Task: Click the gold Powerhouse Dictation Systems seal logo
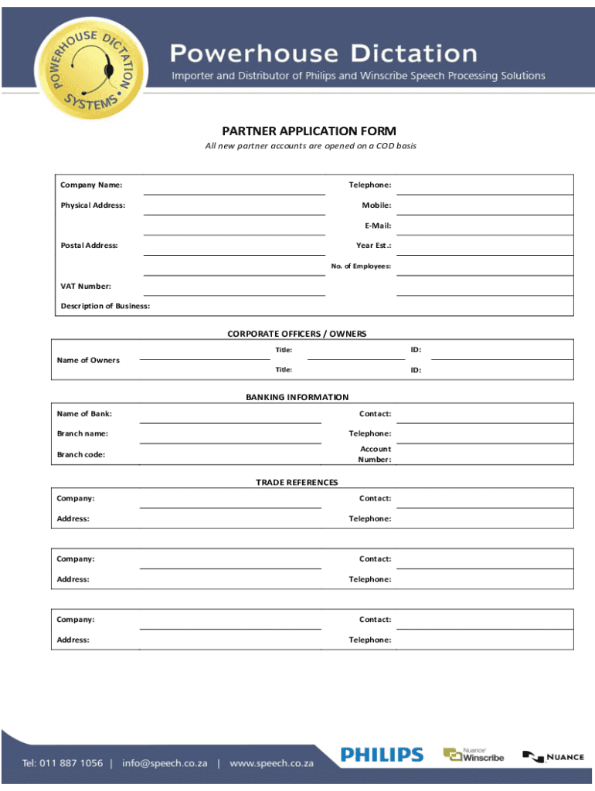[x=90, y=70]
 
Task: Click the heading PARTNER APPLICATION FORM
[x=309, y=131]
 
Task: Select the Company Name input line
[x=234, y=186]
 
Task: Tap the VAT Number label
[x=86, y=286]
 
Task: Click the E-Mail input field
[x=484, y=226]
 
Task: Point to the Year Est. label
[x=373, y=246]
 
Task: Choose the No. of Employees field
[x=484, y=266]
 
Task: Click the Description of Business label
[x=105, y=306]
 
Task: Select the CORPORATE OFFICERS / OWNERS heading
[x=297, y=334]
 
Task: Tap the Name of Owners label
[x=88, y=360]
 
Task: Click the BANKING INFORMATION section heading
[x=297, y=397]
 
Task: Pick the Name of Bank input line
[x=230, y=415]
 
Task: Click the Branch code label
[x=81, y=454]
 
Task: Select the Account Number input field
[x=484, y=455]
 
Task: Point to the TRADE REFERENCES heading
[x=297, y=482]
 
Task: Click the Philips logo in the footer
[x=382, y=755]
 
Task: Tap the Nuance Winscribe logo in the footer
[x=473, y=755]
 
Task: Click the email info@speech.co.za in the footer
[x=165, y=762]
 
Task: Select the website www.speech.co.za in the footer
[x=272, y=762]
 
